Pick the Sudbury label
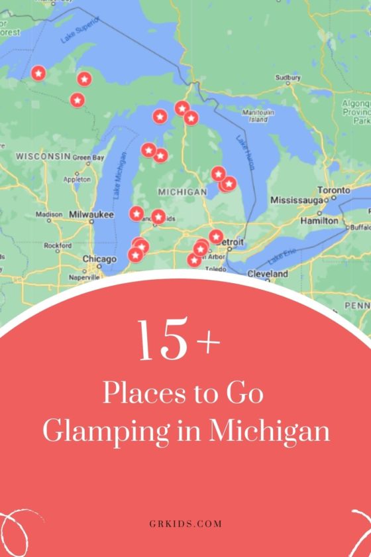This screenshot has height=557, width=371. [288, 77]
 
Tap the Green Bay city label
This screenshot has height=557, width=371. [88, 158]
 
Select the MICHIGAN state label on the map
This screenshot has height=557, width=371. [182, 191]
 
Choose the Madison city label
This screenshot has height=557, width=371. [49, 214]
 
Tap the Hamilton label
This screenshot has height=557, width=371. [319, 219]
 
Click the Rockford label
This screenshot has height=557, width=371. [58, 245]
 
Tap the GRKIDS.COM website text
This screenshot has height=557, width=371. [185, 524]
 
